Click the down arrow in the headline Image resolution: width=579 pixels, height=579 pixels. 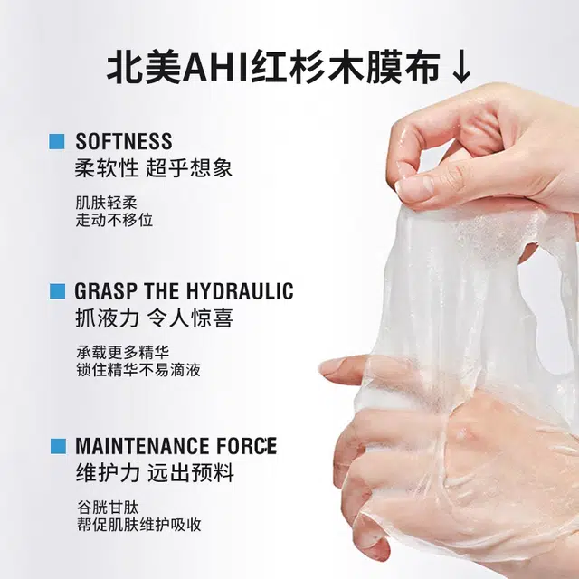[x=461, y=69]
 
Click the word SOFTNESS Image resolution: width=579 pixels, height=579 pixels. [x=124, y=141]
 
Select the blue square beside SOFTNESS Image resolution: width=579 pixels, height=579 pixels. [x=57, y=141]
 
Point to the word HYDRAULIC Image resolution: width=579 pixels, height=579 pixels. [x=240, y=291]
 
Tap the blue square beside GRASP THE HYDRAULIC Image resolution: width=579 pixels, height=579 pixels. [x=57, y=291]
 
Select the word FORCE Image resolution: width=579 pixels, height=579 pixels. [x=246, y=446]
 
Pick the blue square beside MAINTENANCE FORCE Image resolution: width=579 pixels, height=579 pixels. [x=58, y=446]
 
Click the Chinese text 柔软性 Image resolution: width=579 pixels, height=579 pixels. [x=107, y=168]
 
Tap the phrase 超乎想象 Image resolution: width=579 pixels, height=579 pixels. [x=189, y=168]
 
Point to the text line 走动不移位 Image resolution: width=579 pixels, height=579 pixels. [x=114, y=220]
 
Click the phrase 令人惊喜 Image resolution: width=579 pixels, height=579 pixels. [x=190, y=318]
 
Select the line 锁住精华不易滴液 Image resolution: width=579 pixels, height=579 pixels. [x=138, y=370]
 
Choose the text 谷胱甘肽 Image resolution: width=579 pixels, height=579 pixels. [x=108, y=508]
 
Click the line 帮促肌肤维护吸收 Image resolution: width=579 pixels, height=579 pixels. [x=139, y=525]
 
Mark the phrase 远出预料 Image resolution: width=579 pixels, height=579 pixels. [x=191, y=472]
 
